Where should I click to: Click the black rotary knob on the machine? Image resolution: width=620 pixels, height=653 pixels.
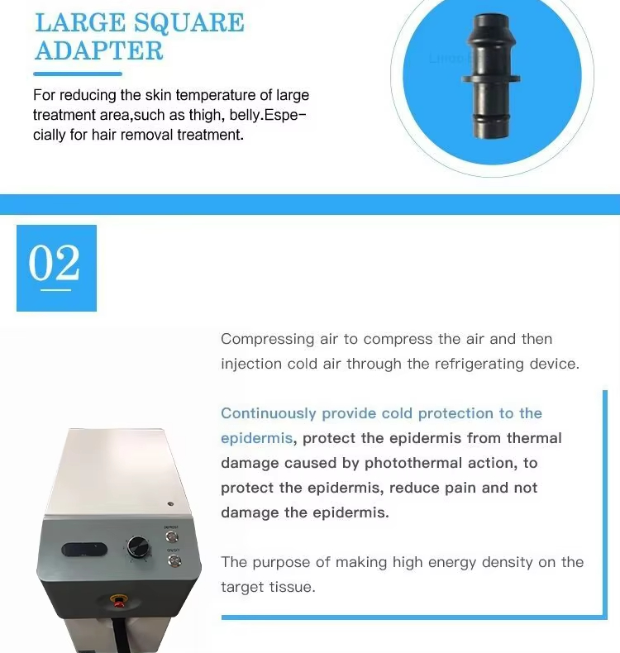click(136, 548)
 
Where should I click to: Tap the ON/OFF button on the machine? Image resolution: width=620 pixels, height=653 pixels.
click(174, 561)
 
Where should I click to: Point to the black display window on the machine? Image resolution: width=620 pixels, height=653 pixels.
click(83, 550)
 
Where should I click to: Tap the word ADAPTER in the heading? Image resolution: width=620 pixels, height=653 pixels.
click(98, 50)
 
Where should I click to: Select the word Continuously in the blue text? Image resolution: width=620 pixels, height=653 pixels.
click(268, 413)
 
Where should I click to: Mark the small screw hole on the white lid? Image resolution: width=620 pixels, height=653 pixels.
click(169, 503)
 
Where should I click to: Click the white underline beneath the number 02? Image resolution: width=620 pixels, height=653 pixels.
click(55, 288)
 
